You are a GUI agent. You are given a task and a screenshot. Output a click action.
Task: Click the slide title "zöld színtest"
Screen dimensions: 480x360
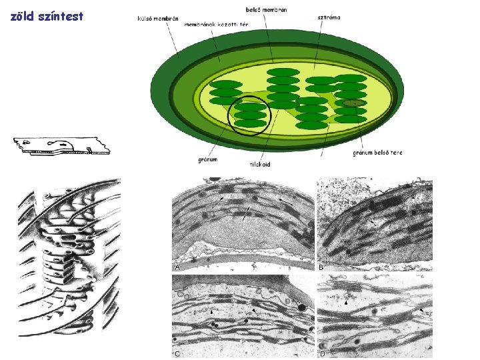tap(47, 16)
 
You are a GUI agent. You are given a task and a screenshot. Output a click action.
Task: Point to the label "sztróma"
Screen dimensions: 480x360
tap(327, 17)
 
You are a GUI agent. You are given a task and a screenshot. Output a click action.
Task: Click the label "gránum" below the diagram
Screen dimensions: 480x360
tap(209, 159)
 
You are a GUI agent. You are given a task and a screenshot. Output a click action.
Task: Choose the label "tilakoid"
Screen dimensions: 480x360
tap(260, 163)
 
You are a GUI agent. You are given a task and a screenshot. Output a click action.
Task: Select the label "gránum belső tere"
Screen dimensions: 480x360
tap(377, 153)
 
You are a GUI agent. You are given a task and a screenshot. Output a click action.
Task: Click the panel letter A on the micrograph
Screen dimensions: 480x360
tap(177, 266)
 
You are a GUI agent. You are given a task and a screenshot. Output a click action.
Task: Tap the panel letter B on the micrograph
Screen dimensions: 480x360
tap(322, 266)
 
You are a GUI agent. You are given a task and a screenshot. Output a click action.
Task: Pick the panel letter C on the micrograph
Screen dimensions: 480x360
tap(177, 354)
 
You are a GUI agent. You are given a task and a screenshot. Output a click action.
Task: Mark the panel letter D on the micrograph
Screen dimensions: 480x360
tap(322, 354)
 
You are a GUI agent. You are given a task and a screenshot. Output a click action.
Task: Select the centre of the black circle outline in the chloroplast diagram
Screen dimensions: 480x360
tap(249, 114)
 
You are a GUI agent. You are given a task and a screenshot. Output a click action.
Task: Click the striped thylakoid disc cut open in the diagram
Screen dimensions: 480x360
tap(354, 103)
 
